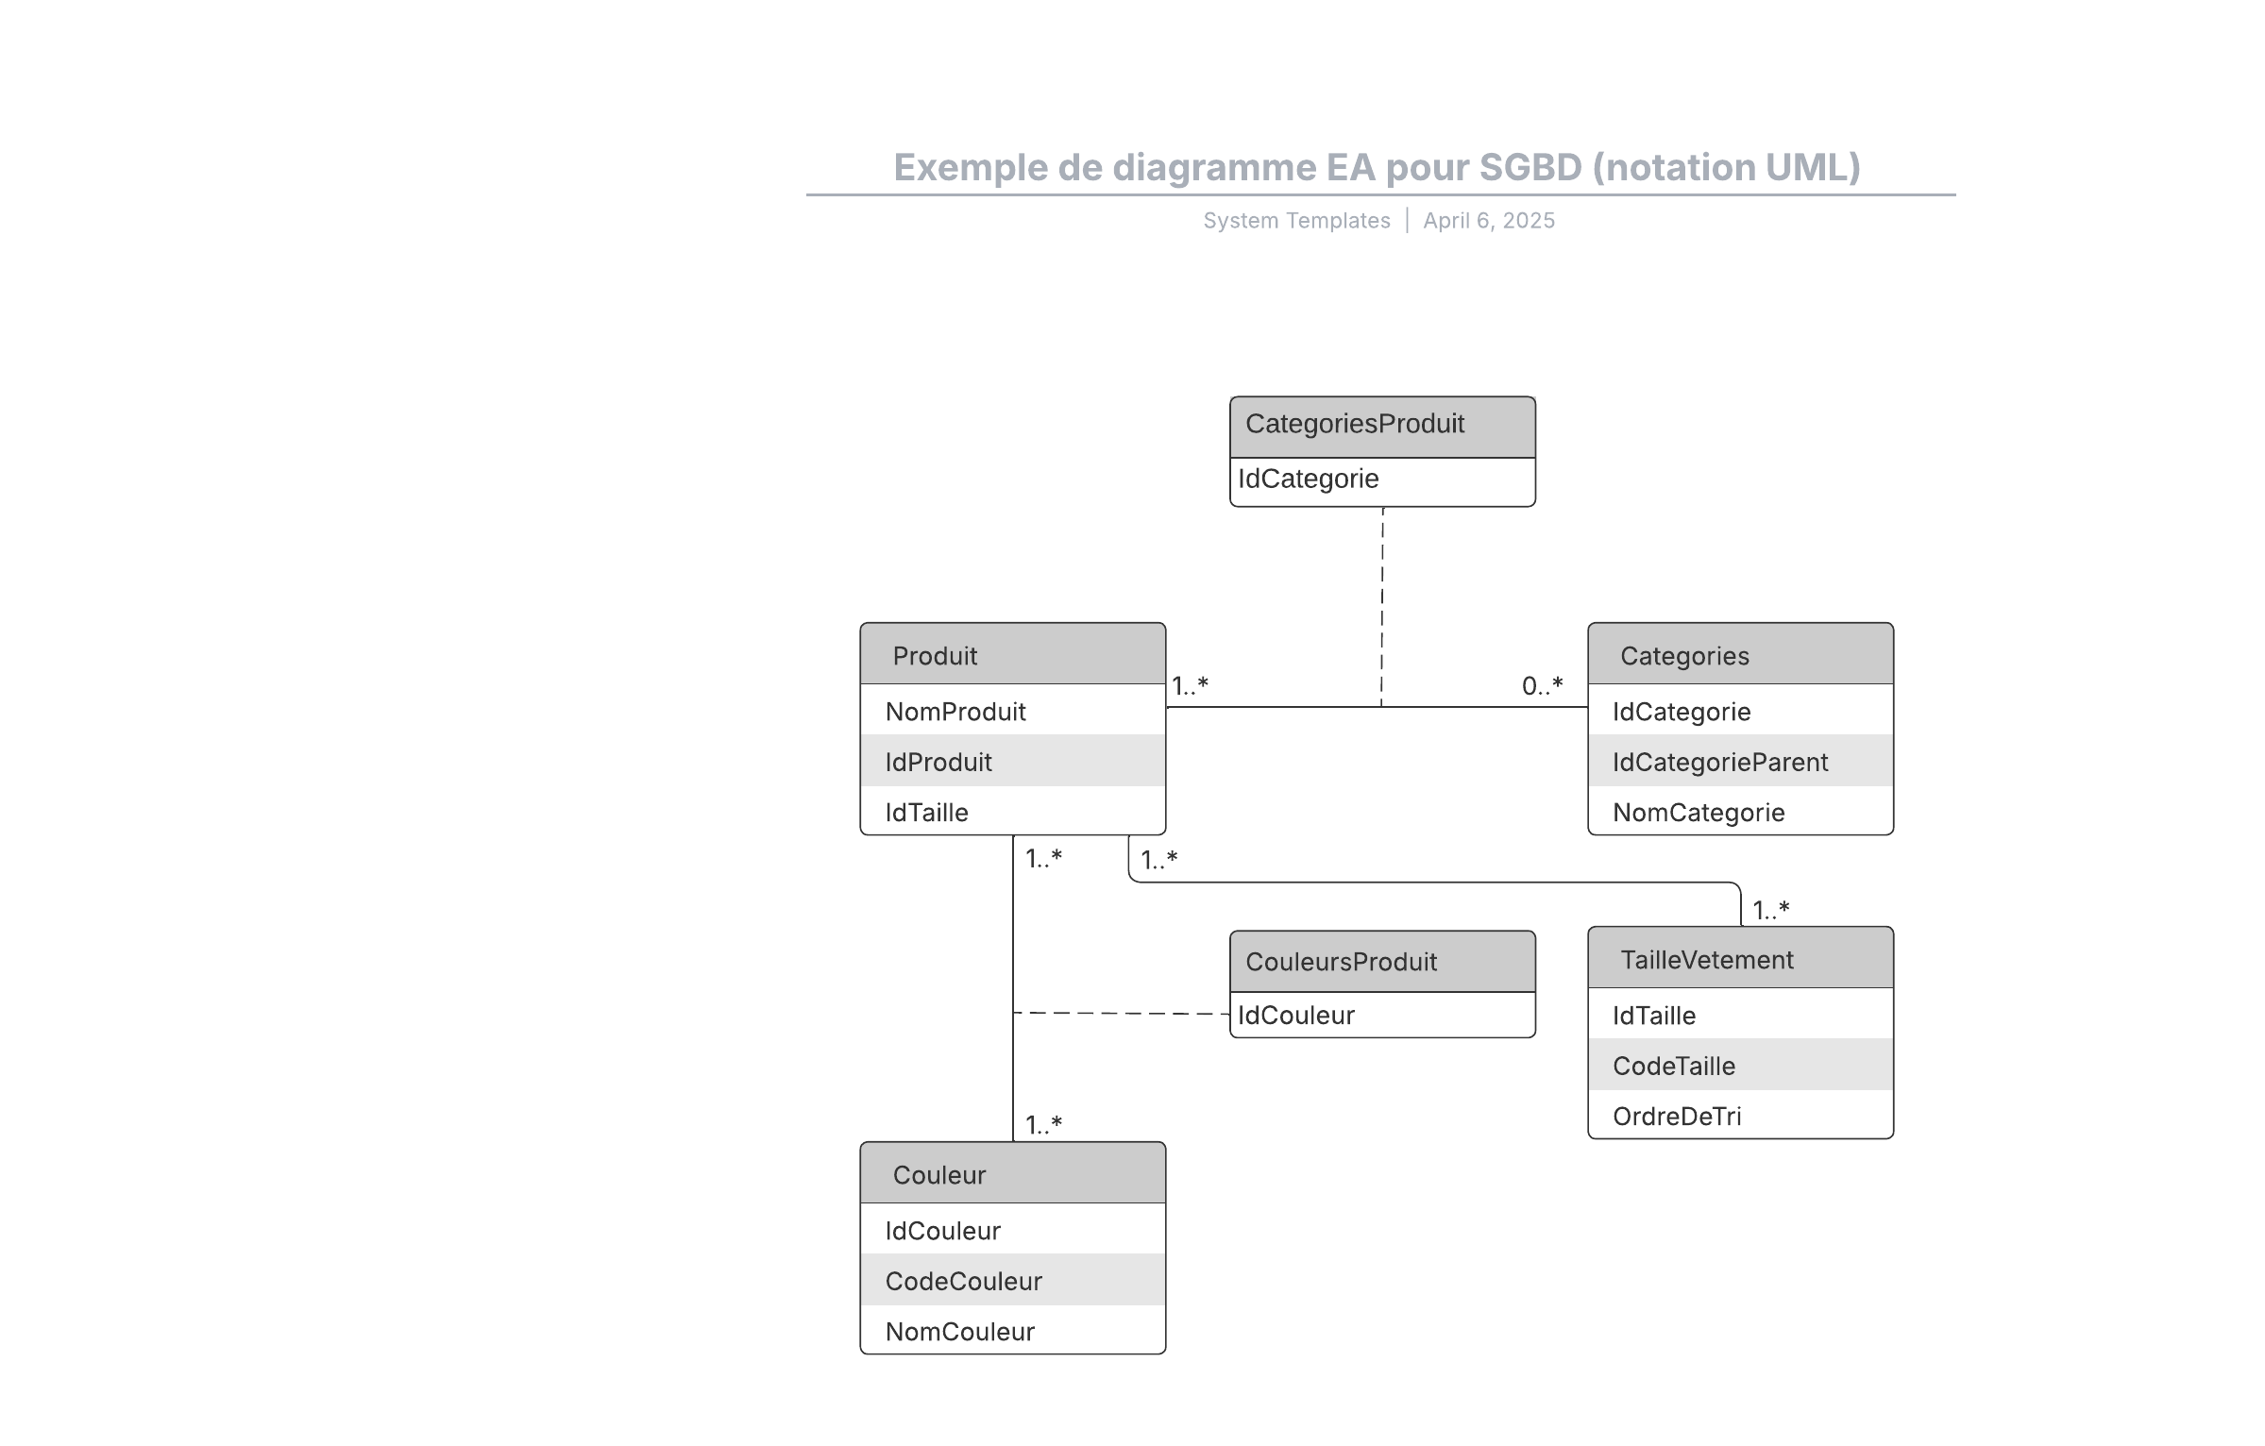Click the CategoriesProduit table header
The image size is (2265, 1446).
(x=1382, y=427)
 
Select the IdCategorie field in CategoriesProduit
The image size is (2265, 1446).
(x=1309, y=479)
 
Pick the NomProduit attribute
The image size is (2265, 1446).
(x=955, y=712)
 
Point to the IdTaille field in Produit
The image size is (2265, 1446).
(x=926, y=813)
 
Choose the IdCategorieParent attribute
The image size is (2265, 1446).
(x=1720, y=762)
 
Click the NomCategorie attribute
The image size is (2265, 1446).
(x=1699, y=813)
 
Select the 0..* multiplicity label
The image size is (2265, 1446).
(x=1543, y=686)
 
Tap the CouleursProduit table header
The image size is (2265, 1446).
(x=1382, y=961)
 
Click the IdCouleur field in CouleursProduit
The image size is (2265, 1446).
(x=1296, y=1016)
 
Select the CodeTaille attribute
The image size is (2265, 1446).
(x=1674, y=1066)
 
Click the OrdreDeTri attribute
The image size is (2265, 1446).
(x=1677, y=1117)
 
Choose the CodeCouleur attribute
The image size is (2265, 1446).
(x=963, y=1281)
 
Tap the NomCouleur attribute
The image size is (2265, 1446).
(x=960, y=1332)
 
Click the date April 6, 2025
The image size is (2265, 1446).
(x=1489, y=221)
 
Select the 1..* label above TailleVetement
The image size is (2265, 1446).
(x=1771, y=911)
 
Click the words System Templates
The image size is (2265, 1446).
(x=1296, y=221)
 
